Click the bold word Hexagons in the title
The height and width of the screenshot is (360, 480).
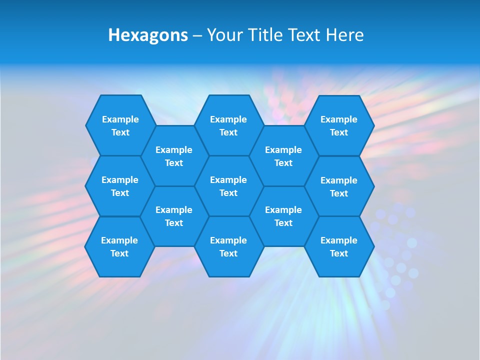click(148, 35)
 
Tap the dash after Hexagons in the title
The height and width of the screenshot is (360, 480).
click(197, 35)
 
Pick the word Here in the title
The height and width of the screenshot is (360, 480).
click(345, 35)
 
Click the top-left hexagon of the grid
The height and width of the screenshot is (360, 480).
click(120, 125)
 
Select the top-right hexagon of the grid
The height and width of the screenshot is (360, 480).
click(339, 125)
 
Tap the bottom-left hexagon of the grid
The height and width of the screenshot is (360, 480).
click(119, 246)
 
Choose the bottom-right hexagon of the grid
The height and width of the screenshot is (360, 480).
click(339, 246)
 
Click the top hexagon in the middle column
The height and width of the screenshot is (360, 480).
click(228, 125)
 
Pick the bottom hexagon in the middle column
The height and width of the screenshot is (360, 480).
click(228, 246)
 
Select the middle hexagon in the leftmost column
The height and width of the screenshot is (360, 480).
click(120, 186)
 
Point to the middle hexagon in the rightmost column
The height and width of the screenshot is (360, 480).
click(339, 186)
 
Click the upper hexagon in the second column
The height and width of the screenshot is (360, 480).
click(174, 156)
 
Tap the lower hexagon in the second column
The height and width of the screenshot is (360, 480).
click(174, 216)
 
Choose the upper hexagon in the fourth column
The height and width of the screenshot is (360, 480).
click(283, 156)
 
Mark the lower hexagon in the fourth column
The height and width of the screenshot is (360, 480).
click(283, 216)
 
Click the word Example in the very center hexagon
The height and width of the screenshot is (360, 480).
click(228, 180)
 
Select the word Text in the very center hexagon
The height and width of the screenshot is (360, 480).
click(228, 193)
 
